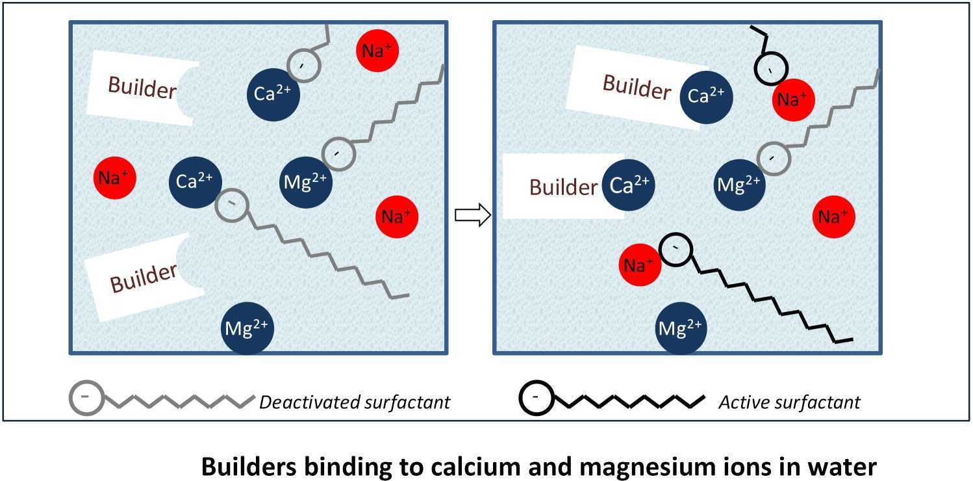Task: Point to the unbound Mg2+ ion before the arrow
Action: tap(247, 326)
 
